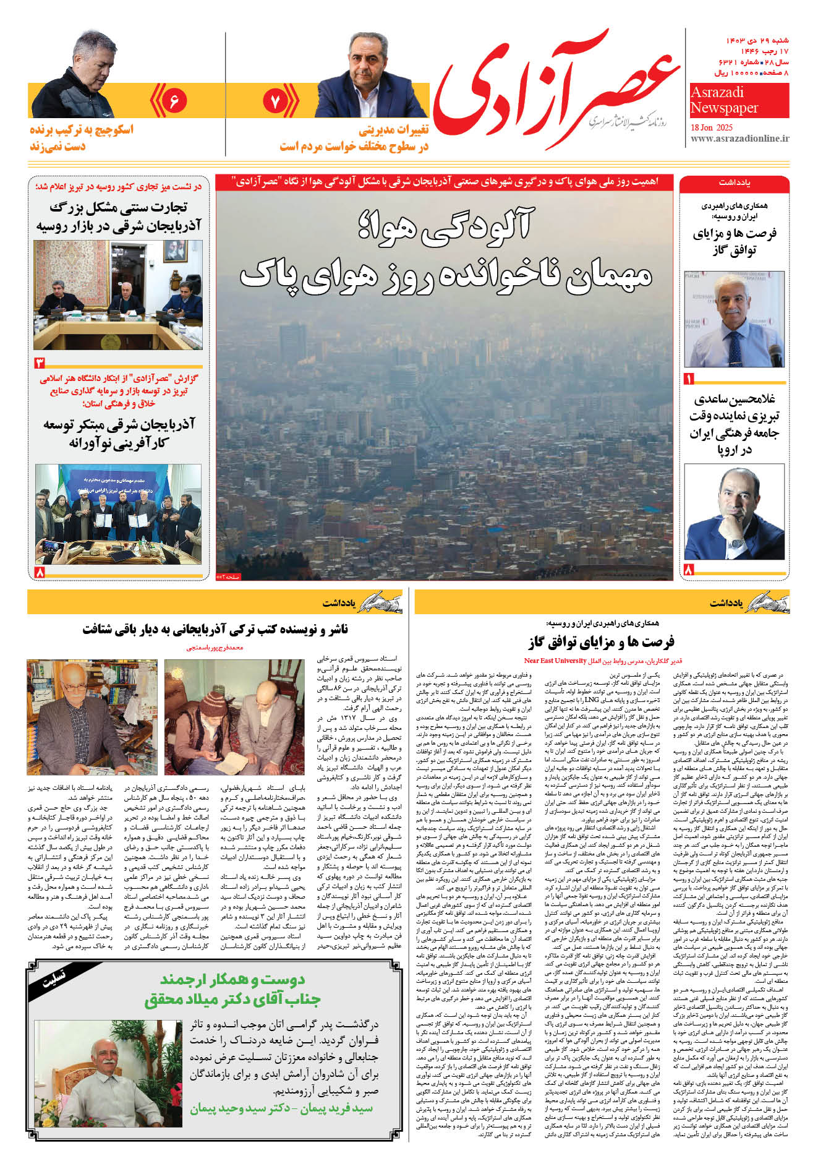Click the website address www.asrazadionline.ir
pyautogui.click(x=739, y=139)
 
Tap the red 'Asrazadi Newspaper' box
pyautogui.click(x=739, y=100)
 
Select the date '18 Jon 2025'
pyautogui.click(x=720, y=127)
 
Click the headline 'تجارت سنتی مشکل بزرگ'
pyautogui.click(x=118, y=207)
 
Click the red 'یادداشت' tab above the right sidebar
pyautogui.click(x=734, y=183)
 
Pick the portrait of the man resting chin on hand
pyautogui.click(x=733, y=512)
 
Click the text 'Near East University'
pyautogui.click(x=555, y=661)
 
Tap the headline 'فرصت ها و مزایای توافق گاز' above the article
pyautogui.click(x=602, y=641)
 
